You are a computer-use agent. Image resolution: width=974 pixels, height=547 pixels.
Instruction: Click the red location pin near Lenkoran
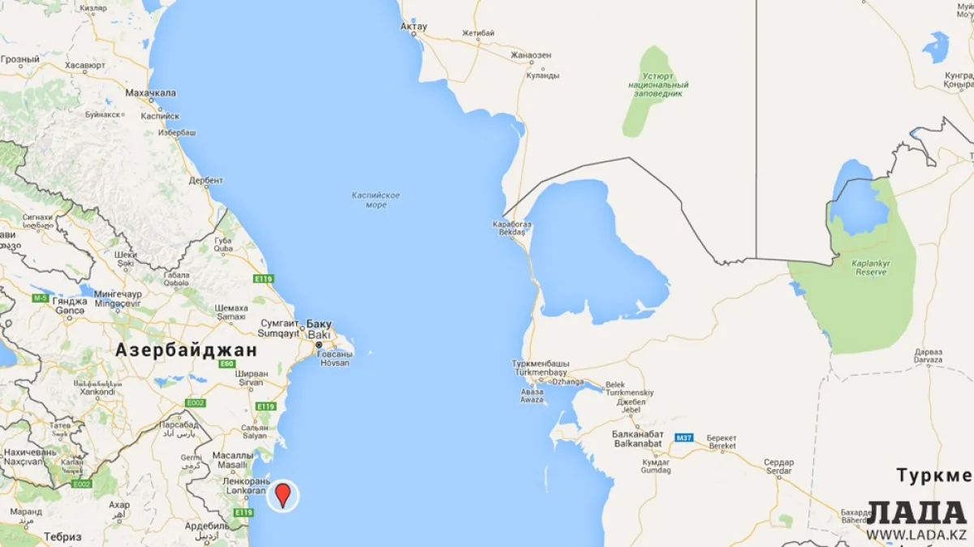point(282,494)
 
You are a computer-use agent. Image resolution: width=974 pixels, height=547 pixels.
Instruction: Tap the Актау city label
point(414,27)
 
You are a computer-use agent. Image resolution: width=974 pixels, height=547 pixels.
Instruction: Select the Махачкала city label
point(150,93)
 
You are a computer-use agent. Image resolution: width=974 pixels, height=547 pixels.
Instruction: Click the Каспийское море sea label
point(376,200)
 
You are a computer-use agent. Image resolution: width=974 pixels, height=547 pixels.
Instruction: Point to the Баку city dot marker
point(318,345)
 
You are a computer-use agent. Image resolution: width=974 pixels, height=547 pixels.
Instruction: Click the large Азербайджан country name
point(186,351)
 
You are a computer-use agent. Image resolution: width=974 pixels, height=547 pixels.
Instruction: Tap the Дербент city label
point(205,180)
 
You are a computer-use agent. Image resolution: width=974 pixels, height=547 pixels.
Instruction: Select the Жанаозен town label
point(531,55)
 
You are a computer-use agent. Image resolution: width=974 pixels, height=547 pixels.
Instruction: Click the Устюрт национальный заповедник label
point(659,84)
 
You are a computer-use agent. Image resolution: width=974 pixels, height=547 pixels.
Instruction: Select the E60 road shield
point(227,364)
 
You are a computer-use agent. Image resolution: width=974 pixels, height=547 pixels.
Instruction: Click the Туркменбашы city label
point(541,364)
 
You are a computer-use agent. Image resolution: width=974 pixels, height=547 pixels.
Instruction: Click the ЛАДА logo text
point(916,513)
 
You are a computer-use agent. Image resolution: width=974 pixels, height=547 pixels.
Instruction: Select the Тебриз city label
point(63,536)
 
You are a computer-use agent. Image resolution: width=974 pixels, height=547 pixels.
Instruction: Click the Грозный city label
point(20,60)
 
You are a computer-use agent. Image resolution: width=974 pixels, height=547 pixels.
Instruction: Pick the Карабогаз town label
point(511,224)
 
